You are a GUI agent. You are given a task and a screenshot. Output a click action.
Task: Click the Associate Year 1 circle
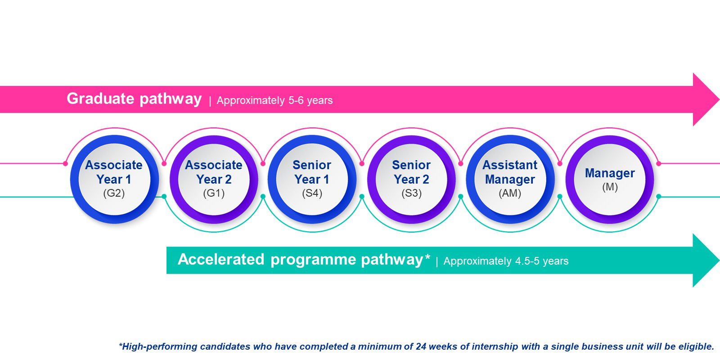pyautogui.click(x=114, y=180)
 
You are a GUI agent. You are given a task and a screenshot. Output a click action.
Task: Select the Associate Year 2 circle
pyautogui.click(x=214, y=180)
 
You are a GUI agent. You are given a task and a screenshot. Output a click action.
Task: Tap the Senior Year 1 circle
pyautogui.click(x=312, y=180)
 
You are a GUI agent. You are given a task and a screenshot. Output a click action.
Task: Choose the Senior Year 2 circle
pyautogui.click(x=411, y=180)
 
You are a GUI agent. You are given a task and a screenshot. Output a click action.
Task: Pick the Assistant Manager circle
pyautogui.click(x=510, y=180)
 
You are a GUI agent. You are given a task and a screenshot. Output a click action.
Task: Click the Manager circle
pyautogui.click(x=610, y=180)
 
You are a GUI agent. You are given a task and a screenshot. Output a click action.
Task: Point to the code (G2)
pyautogui.click(x=114, y=193)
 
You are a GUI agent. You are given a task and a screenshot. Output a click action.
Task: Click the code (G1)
pyautogui.click(x=214, y=193)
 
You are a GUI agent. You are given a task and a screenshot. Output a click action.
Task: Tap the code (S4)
pyautogui.click(x=312, y=193)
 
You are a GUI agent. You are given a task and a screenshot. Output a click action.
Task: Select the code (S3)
pyautogui.click(x=411, y=193)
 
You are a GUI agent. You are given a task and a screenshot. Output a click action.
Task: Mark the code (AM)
pyautogui.click(x=510, y=193)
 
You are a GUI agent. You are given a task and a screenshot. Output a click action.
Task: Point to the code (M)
pyautogui.click(x=610, y=187)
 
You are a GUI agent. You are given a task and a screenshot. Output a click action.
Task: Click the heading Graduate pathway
pyautogui.click(x=134, y=99)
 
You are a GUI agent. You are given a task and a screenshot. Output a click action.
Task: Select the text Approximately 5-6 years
pyautogui.click(x=275, y=100)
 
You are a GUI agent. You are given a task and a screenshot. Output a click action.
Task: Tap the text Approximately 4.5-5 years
pyautogui.click(x=506, y=261)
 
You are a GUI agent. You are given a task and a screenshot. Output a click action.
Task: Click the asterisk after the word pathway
pyautogui.click(x=427, y=257)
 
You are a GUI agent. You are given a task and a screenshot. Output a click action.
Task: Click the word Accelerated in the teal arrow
pyautogui.click(x=221, y=259)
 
